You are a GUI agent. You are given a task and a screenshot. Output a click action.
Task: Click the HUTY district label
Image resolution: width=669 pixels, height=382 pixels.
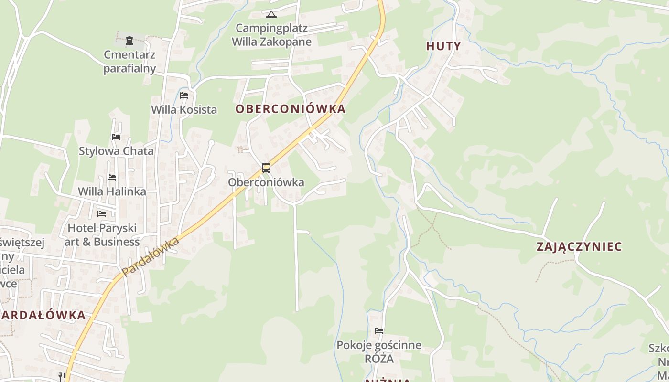tap(443, 46)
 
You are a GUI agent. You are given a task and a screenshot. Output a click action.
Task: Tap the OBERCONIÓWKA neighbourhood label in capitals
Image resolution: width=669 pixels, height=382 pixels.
tap(290, 109)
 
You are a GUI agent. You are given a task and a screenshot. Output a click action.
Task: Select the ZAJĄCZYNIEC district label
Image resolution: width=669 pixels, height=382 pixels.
tap(579, 247)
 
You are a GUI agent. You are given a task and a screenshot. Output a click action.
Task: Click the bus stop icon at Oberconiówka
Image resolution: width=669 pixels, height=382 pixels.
tap(266, 168)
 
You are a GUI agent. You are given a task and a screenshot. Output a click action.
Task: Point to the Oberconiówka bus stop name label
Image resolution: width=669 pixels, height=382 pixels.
tap(266, 182)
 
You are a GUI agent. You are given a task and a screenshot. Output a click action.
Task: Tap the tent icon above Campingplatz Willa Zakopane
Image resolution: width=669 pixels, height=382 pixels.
tap(271, 14)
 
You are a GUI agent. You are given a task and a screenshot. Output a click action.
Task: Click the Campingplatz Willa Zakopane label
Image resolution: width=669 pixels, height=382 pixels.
tap(271, 35)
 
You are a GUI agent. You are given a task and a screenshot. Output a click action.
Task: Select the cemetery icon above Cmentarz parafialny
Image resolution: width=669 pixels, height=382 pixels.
tap(129, 41)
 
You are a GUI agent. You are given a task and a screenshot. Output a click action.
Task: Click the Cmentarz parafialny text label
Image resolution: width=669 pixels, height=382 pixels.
tap(129, 61)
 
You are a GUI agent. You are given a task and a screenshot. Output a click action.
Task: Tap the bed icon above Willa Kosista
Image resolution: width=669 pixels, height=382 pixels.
tap(184, 95)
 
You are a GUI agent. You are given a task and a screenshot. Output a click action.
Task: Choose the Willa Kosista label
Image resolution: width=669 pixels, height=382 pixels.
tap(184, 110)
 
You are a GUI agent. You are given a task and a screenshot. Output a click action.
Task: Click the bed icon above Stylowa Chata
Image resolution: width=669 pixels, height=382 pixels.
tap(116, 137)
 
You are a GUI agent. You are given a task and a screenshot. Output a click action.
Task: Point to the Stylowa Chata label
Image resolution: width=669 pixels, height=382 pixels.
tap(116, 151)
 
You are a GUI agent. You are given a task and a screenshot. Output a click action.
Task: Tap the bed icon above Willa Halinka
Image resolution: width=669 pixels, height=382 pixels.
tap(112, 178)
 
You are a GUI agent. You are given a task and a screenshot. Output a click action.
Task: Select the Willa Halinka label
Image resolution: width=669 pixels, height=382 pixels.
tap(112, 191)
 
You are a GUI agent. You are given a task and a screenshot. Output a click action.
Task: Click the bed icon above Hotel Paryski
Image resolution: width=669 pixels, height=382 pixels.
tap(102, 214)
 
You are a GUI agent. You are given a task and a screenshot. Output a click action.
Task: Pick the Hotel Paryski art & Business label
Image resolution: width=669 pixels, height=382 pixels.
tap(102, 235)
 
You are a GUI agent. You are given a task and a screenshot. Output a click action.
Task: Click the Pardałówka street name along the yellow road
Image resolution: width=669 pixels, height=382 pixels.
tap(151, 256)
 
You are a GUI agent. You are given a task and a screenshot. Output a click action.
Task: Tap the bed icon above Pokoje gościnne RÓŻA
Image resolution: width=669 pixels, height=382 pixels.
tap(379, 330)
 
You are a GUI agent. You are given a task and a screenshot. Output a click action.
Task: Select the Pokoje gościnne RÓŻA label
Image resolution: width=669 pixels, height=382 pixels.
tap(379, 351)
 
